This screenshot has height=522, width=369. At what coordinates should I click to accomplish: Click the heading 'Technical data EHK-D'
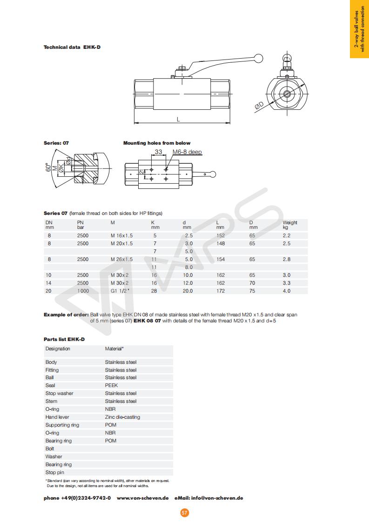pyautogui.click(x=72, y=47)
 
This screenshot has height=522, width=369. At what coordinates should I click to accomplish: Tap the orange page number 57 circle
pyautogui.click(x=185, y=513)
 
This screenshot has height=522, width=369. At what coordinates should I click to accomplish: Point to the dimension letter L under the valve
pyautogui.click(x=179, y=119)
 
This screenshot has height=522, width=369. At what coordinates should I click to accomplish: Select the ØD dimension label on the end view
pyautogui.click(x=259, y=106)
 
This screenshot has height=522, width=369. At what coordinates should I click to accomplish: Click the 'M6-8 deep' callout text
pyautogui.click(x=187, y=152)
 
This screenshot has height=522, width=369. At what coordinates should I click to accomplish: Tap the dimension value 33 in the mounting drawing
pyautogui.click(x=158, y=152)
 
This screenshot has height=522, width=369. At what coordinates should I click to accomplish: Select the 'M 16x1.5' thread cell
pyautogui.click(x=121, y=236)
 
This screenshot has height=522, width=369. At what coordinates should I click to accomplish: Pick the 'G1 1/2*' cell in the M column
pyautogui.click(x=120, y=291)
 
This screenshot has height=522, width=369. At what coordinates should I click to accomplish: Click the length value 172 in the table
pyautogui.click(x=221, y=291)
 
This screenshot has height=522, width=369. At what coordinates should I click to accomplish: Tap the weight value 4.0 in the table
pyautogui.click(x=287, y=291)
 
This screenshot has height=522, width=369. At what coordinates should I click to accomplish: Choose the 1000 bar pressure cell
pyautogui.click(x=83, y=291)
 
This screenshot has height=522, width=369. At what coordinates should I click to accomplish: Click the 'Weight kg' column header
pyautogui.click(x=289, y=225)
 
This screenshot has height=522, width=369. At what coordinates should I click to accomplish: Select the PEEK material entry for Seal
pyautogui.click(x=111, y=385)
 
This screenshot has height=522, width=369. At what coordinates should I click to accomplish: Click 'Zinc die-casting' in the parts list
pyautogui.click(x=122, y=417)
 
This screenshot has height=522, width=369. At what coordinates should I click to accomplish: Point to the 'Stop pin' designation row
pyautogui.click(x=54, y=472)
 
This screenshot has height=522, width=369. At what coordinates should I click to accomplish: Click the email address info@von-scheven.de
pyautogui.click(x=217, y=498)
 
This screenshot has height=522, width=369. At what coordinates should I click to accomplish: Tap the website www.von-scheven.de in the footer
pyautogui.click(x=142, y=498)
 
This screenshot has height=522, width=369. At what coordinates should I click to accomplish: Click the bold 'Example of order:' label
pyautogui.click(x=66, y=315)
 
